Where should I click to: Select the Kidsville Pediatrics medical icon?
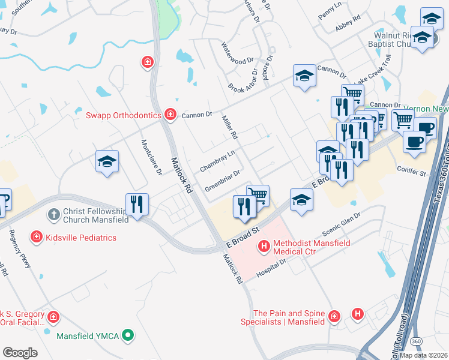coord(37,238)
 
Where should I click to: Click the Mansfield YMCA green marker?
coord(127,336)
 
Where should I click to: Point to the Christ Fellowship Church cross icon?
coord(53,213)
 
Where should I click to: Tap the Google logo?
coord(20,352)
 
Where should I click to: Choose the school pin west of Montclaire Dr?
coord(107,161)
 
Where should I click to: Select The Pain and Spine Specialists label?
coord(289,317)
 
